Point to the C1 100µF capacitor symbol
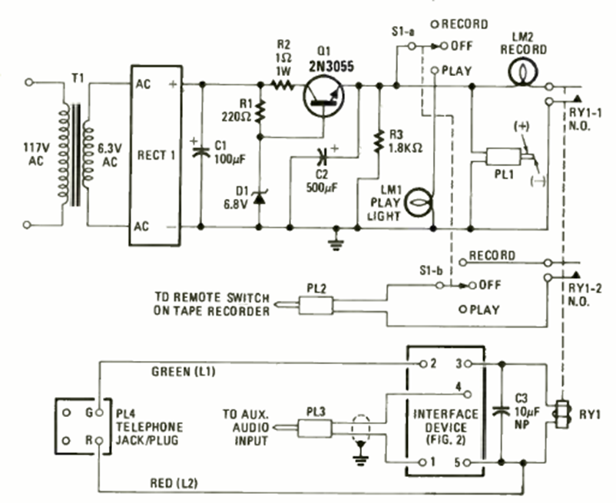point(201,151)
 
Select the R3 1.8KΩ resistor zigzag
point(377,140)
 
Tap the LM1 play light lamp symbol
point(419,203)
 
